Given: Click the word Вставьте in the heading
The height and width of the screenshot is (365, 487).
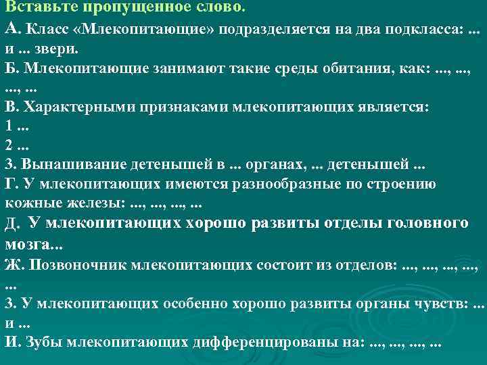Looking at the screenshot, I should [x=33, y=7].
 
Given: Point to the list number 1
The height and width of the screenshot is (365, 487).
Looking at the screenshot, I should [x=8, y=126].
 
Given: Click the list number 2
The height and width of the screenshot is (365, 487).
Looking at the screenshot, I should [x=8, y=145].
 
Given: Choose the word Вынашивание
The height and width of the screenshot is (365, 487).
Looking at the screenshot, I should [x=62, y=164].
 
